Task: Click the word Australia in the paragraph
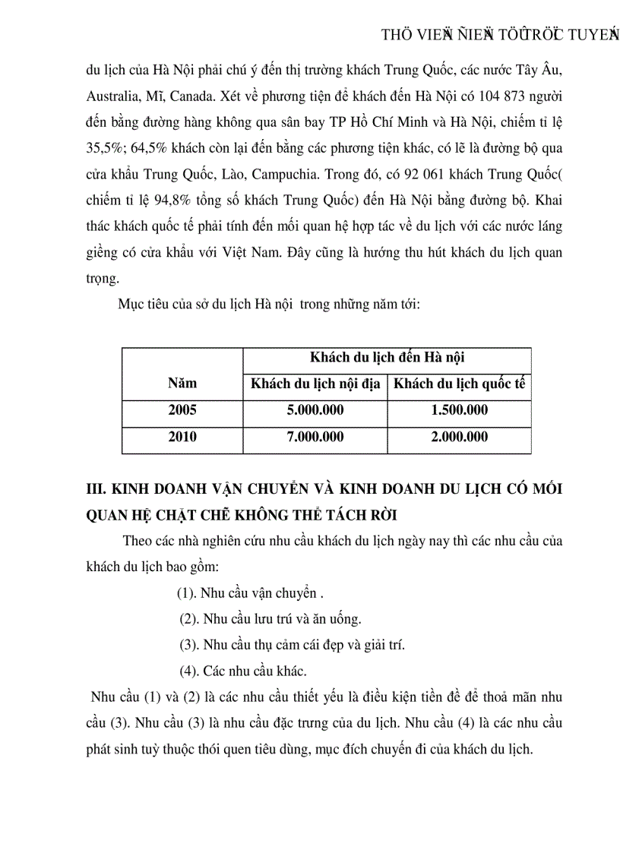coord(112,97)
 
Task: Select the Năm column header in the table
coord(182,384)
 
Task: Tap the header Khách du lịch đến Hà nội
coord(387,358)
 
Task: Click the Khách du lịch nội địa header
coord(315,384)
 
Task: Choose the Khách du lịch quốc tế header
coord(459,384)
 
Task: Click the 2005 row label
coord(182,410)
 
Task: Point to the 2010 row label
coord(182,437)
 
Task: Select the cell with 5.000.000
coord(315,410)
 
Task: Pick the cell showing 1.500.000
coord(459,410)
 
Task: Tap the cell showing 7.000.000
coord(315,437)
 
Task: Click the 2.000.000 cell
coord(459,437)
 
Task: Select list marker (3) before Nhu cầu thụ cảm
coord(189,645)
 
